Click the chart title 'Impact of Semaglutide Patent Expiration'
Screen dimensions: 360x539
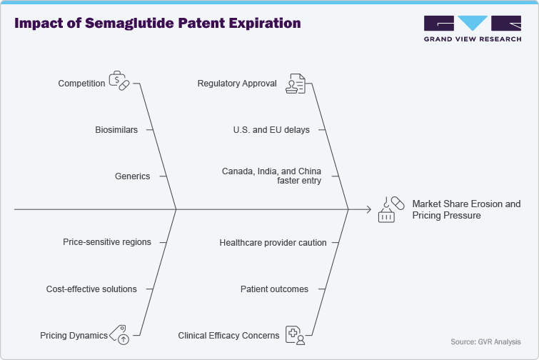pyautogui.click(x=158, y=23)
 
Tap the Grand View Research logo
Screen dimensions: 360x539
pyautogui.click(x=471, y=29)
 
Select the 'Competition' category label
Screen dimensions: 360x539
pyautogui.click(x=81, y=84)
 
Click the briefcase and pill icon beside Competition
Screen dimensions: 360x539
pyautogui.click(x=119, y=81)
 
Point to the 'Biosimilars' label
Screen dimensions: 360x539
pyautogui.click(x=116, y=130)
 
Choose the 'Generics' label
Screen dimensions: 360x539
pyautogui.click(x=132, y=176)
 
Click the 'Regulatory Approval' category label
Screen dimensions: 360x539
pyautogui.click(x=237, y=84)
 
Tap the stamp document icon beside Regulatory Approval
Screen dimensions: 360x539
pyautogui.click(x=296, y=84)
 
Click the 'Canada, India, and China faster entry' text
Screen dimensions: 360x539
pyautogui.click(x=271, y=176)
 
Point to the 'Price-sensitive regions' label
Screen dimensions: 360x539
pyautogui.click(x=107, y=242)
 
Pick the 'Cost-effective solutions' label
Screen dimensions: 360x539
pyautogui.click(x=91, y=289)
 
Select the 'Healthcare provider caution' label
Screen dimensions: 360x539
pyautogui.click(x=273, y=243)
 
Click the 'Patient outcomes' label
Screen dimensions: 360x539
pyautogui.click(x=274, y=289)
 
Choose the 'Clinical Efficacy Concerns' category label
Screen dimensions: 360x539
pyautogui.click(x=228, y=335)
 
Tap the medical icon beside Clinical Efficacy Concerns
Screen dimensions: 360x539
pyautogui.click(x=296, y=334)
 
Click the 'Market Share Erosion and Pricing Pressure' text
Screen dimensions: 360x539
pyautogui.click(x=466, y=209)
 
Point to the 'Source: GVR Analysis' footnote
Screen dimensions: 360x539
pyautogui.click(x=485, y=342)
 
